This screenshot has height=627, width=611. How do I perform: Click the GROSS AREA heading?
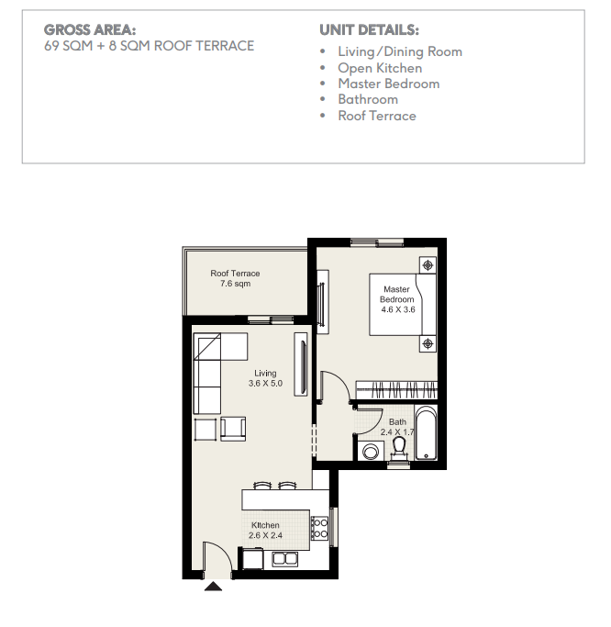coord(90,29)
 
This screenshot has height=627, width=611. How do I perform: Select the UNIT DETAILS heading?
coord(369,29)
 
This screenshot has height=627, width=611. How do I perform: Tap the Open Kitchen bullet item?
coord(380,68)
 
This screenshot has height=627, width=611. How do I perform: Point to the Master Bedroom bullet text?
coord(389,84)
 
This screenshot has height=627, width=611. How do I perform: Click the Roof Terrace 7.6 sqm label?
coord(235,278)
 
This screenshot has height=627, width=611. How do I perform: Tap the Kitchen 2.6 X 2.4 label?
coord(265,531)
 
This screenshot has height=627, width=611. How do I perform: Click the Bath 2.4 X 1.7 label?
coord(397,427)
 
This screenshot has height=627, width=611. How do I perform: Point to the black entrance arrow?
coord(213,587)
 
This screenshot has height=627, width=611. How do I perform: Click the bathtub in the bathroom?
coord(426,432)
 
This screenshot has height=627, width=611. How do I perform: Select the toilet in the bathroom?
coord(399,448)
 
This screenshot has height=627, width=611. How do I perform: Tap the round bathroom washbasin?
coord(371,452)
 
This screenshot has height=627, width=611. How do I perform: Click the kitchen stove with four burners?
coord(319,528)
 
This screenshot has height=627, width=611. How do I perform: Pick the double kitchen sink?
coord(285,559)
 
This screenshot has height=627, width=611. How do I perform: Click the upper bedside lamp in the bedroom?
coord(428,265)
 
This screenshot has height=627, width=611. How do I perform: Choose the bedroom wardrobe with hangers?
coord(396,390)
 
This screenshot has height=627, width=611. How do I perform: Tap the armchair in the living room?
coord(233,429)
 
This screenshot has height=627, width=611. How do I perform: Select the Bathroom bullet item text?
coord(368,99)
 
